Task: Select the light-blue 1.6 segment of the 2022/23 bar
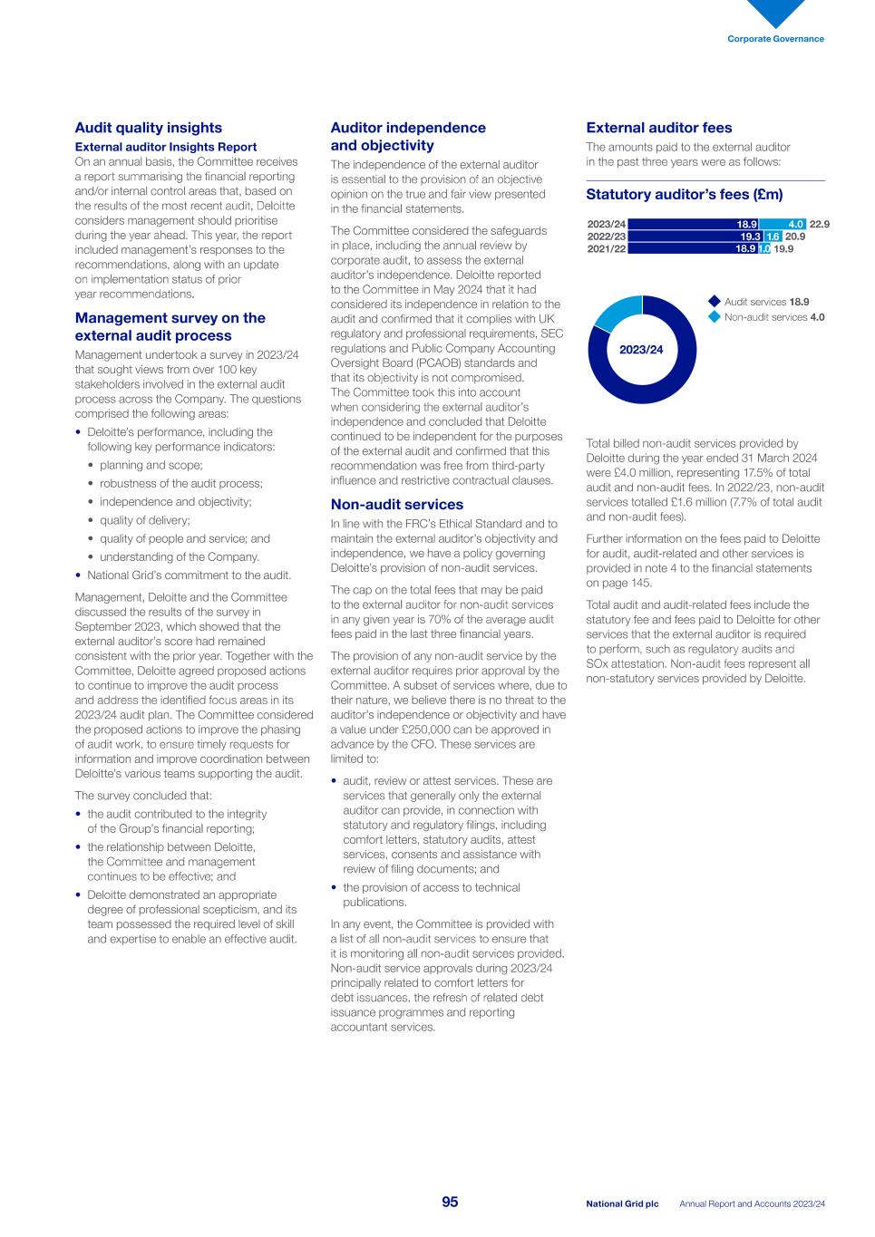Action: [x=773, y=237]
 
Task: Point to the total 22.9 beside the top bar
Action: [x=819, y=224]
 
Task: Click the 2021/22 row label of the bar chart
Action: [x=607, y=248]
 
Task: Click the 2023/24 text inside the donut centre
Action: [x=641, y=350]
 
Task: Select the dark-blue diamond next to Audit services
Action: [x=715, y=302]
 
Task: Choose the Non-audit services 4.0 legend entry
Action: [x=773, y=317]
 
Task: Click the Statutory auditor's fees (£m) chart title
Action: [x=684, y=195]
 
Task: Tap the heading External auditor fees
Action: [x=658, y=128]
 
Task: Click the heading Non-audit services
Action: [x=396, y=505]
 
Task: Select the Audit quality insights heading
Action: [x=148, y=128]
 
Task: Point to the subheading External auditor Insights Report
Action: [x=165, y=147]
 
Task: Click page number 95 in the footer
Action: [x=450, y=1203]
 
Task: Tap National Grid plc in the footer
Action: [x=622, y=1204]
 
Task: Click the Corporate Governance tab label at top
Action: [x=775, y=39]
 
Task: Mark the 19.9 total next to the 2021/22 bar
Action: [x=783, y=248]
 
